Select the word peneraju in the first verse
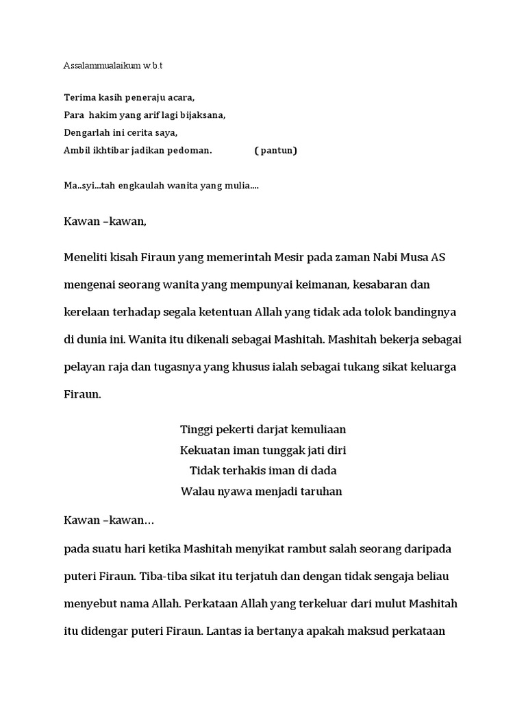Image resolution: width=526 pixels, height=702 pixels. (x=143, y=97)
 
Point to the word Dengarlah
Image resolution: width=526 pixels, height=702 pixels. (x=86, y=132)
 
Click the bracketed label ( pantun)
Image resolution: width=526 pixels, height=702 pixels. (x=275, y=150)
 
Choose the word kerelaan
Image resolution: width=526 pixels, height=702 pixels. (x=86, y=312)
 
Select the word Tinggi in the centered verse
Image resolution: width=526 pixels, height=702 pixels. (x=196, y=430)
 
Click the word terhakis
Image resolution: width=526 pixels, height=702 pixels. (x=240, y=471)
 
